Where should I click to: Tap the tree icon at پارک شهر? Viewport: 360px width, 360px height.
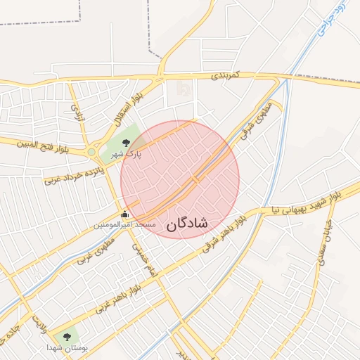(127, 143)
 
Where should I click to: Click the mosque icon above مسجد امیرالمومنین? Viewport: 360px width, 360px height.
(125, 214)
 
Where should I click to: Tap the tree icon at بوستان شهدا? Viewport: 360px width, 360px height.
(67, 337)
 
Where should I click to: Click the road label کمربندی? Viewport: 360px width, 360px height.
(228, 74)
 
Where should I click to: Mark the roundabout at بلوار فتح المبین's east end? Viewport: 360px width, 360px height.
(91, 151)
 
